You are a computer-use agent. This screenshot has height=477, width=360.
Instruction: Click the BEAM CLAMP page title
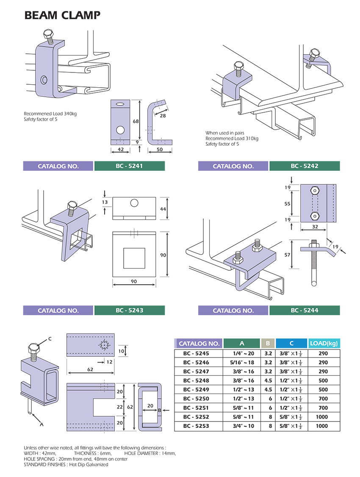coord(62,16)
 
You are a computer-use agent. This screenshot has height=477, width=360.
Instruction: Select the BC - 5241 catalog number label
coord(129,166)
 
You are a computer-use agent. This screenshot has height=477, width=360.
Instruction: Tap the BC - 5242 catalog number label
coord(304,166)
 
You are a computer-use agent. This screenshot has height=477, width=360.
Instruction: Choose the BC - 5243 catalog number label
coord(129,311)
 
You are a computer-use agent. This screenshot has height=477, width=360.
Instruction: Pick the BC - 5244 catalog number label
coord(304,311)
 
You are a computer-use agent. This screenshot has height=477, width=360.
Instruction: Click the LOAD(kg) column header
coord(324,344)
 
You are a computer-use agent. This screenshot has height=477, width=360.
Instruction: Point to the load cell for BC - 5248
coord(323,380)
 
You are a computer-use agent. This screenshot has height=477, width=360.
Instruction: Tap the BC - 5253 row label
coord(196,426)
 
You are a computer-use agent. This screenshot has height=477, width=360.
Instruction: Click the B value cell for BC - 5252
coord(268,417)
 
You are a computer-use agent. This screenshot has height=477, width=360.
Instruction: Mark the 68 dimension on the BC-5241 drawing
coord(135,122)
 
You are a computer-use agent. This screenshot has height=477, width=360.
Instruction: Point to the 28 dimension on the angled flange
coord(163,115)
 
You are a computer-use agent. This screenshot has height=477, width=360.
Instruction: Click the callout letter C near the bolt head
coord(50,338)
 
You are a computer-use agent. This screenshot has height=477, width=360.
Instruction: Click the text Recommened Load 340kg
coord(50,114)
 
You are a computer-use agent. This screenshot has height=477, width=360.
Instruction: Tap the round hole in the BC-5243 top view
coord(134,204)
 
